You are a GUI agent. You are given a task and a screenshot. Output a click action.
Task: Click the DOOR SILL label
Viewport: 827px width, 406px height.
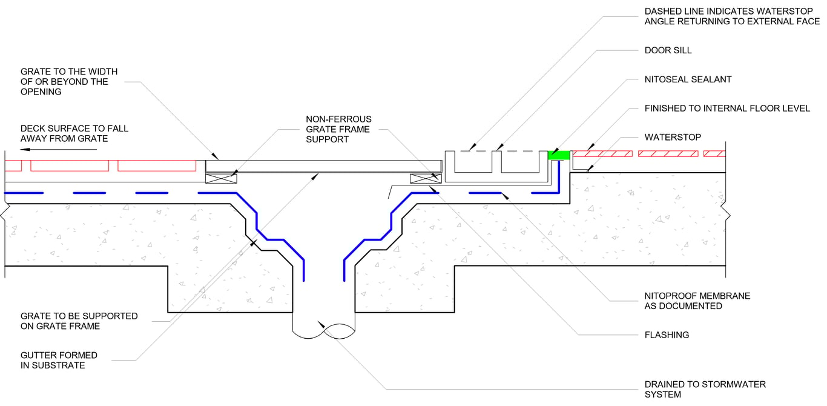coord(668,50)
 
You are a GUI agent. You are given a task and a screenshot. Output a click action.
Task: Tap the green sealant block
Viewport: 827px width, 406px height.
coord(559,156)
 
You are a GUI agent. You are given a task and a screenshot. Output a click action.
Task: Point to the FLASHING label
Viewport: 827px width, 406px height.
coord(667,334)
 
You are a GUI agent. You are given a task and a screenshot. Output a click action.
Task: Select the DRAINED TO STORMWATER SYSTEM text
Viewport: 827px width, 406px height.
coord(705,389)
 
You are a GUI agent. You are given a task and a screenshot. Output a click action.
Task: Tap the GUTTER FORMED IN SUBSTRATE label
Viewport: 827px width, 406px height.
coord(59,361)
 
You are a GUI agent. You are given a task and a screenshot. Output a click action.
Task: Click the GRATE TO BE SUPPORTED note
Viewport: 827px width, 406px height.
coord(79,321)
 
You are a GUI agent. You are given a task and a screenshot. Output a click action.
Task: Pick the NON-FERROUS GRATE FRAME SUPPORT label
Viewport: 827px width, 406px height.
coord(338,129)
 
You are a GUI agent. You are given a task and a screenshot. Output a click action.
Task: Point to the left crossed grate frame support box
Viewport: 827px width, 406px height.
coord(220,178)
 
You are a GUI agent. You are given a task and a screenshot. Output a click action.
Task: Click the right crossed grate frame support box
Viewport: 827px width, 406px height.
coord(425,178)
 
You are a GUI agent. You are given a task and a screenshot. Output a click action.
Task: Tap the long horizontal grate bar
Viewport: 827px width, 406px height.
coord(324,165)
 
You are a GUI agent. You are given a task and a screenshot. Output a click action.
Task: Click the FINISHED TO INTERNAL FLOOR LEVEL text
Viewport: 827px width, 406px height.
coord(727,108)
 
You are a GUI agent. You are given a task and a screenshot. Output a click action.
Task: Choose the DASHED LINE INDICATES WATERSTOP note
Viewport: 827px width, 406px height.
coord(732,16)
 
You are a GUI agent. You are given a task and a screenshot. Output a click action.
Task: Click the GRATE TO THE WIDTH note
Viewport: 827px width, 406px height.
coord(69,81)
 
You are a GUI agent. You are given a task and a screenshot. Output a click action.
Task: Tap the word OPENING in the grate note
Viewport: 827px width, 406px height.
coord(41,92)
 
